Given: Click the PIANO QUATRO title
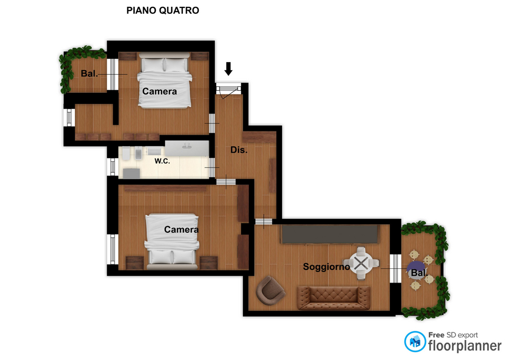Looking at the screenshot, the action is click(163, 11).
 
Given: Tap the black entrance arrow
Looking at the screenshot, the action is click(229, 68).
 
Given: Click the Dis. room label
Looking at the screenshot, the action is click(239, 150).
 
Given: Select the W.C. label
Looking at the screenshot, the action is click(162, 161).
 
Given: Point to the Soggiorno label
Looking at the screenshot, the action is click(326, 267).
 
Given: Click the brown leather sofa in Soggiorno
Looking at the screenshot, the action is click(334, 298).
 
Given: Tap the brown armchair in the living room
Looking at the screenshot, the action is click(270, 291).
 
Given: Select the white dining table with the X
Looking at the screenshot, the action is click(361, 263).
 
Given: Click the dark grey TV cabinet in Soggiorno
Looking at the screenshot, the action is click(330, 234).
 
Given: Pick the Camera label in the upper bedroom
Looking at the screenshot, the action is click(160, 92).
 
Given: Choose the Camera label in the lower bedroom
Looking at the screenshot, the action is click(181, 230).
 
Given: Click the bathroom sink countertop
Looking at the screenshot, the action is click(187, 148).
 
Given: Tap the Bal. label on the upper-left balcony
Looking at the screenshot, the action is click(89, 74).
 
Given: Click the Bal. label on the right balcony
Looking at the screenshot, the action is click(418, 273).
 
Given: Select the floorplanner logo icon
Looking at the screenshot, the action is click(415, 341).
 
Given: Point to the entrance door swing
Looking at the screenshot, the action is click(229, 92).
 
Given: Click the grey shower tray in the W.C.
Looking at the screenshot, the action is click(131, 173).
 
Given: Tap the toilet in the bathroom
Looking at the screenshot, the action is click(126, 153).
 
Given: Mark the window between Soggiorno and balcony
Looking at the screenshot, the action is click(396, 268).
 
